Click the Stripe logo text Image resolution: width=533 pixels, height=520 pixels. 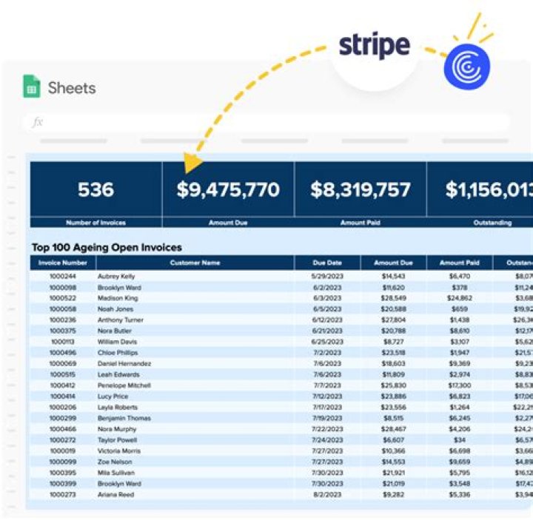coord(374,45)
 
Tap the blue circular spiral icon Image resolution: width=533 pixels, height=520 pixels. coord(466,65)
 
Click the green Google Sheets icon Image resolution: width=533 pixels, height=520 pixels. coord(32,87)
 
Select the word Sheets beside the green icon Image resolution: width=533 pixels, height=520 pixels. coord(72,88)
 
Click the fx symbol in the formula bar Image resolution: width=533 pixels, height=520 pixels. coord(38,122)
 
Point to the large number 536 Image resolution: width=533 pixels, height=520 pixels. coord(96,189)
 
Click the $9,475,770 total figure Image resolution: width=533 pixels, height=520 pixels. coord(228,189)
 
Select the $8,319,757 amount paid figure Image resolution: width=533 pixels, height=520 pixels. coord(361,189)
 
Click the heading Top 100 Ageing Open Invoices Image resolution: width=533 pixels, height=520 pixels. coord(107,247)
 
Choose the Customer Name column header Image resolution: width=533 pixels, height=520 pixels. coord(195,263)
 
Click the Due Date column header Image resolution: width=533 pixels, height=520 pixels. coord(327,263)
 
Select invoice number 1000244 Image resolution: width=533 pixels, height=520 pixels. coord(63,276)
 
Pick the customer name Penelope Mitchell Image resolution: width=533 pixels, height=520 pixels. coord(124,385)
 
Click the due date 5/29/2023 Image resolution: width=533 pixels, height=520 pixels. coord(327,276)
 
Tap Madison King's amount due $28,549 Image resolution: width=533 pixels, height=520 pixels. coord(393,298)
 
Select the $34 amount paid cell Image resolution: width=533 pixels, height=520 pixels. coord(460,439)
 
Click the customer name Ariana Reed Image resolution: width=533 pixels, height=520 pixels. coord(116,495)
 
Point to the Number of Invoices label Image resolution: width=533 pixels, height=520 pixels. coord(96,222)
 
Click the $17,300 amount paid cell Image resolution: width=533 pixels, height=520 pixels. coord(460,385)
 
